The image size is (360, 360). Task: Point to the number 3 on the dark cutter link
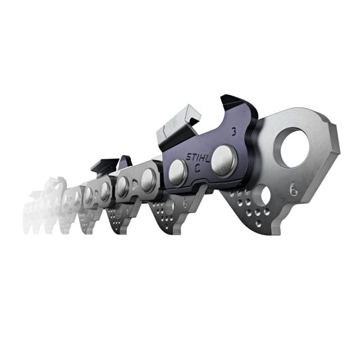(233, 128)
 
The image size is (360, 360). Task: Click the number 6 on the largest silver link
(293, 190)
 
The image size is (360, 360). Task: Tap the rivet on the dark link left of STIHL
(178, 172)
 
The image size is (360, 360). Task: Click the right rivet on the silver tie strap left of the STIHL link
(148, 182)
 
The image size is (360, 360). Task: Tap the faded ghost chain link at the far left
(39, 201)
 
